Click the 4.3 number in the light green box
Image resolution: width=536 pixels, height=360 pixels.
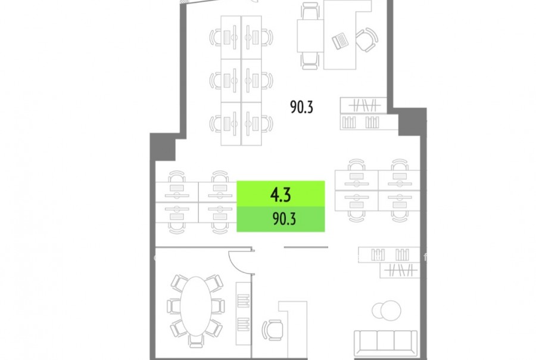281,195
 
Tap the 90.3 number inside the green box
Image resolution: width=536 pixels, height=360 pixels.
284,219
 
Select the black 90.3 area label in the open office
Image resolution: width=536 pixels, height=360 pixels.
301,107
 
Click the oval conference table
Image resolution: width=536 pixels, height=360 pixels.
196,306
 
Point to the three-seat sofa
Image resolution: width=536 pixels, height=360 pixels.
385,343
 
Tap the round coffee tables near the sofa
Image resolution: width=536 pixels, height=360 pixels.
387,311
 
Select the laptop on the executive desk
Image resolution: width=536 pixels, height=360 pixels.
340,41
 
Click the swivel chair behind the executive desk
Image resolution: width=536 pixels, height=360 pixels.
367,40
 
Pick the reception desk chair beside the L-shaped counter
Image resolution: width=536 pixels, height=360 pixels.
272,330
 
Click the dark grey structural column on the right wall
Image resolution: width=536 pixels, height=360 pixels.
412,122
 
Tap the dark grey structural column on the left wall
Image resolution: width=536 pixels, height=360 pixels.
163,147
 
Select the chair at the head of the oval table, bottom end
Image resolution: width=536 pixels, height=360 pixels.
196,341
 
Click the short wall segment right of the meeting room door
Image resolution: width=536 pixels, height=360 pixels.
306,247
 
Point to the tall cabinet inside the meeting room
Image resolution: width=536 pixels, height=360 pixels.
244,314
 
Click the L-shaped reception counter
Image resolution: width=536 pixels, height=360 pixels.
293,329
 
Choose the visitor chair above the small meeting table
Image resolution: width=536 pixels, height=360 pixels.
310,11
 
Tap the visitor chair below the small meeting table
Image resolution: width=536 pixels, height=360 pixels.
310,61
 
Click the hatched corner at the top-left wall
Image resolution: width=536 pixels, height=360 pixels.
185,2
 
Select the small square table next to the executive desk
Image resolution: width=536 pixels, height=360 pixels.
310,36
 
